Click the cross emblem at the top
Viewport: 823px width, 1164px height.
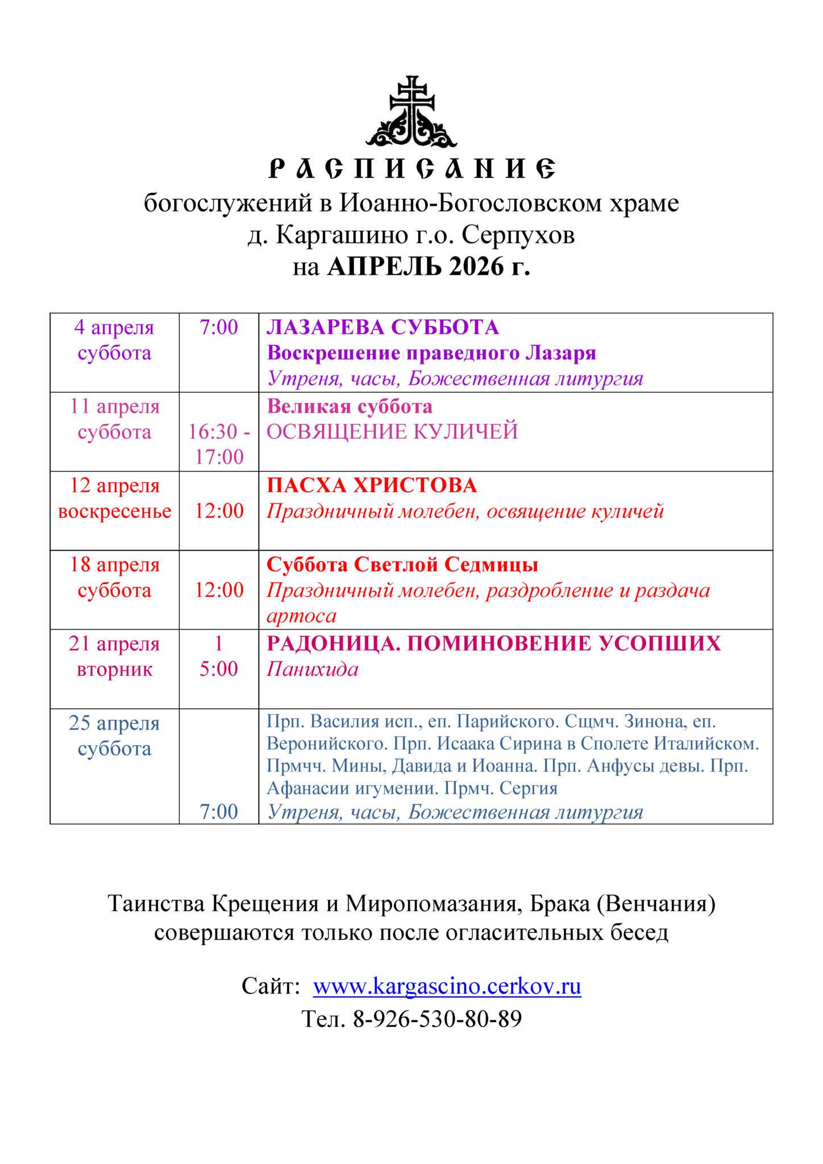point(411,112)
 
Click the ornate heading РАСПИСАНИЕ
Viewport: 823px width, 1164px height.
point(411,169)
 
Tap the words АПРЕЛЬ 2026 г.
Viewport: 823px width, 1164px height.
point(429,266)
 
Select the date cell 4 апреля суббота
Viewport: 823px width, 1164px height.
point(114,340)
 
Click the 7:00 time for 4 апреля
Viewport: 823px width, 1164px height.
point(219,327)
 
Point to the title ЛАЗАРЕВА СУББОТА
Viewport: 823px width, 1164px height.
point(383,327)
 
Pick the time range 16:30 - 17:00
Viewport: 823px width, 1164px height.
point(219,444)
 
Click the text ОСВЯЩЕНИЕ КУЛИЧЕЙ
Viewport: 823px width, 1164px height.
point(392,432)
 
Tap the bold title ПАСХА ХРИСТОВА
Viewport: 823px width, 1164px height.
point(372,485)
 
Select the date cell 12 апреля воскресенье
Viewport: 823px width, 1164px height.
point(114,498)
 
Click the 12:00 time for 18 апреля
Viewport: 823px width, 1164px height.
point(219,590)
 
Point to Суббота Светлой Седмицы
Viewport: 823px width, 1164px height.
point(402,564)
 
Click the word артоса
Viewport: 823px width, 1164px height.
point(301,616)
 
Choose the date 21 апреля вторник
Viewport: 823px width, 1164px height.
point(114,656)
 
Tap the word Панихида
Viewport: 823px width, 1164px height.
point(313,669)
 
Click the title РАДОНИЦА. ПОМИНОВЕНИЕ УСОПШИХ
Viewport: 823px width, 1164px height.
point(493,643)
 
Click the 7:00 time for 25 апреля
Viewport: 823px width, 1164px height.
point(219,812)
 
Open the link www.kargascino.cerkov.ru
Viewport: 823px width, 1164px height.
point(447,986)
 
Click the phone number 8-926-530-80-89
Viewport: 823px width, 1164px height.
point(437,1019)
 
